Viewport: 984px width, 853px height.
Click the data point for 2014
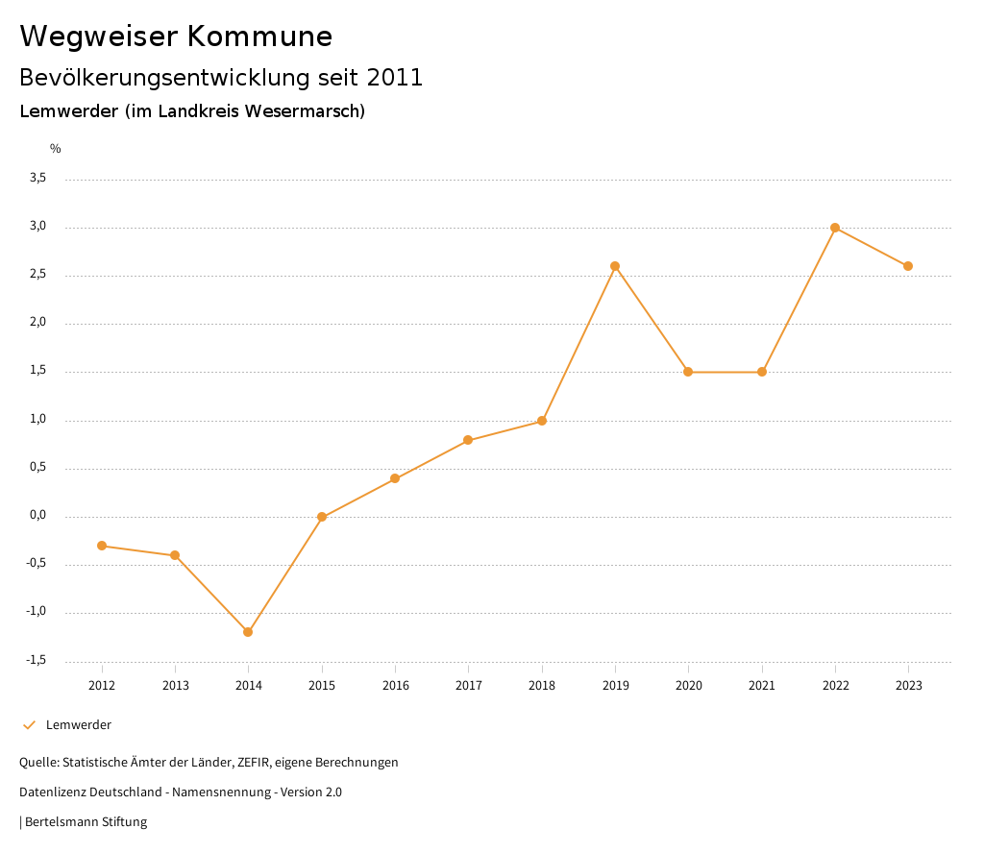[x=248, y=632]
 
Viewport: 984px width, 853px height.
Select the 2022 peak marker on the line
[x=835, y=228]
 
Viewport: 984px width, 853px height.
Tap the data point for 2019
[x=615, y=266]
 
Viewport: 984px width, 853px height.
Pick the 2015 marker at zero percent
[x=322, y=517]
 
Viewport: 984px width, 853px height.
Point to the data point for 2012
[x=102, y=546]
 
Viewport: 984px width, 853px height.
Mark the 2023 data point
[x=908, y=266]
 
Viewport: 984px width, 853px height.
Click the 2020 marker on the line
[x=688, y=372]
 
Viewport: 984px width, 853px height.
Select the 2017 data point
[x=468, y=440]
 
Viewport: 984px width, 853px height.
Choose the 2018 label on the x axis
[x=542, y=685]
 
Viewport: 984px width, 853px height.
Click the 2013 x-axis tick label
[x=175, y=685]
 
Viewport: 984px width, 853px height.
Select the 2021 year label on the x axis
[x=762, y=685]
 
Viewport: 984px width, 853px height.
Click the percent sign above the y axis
[x=56, y=149]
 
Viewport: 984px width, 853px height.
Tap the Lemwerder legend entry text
[x=79, y=725]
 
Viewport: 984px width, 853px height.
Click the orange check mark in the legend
[x=29, y=725]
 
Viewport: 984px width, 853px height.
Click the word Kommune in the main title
[x=259, y=36]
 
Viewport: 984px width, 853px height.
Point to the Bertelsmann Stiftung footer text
[x=86, y=822]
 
